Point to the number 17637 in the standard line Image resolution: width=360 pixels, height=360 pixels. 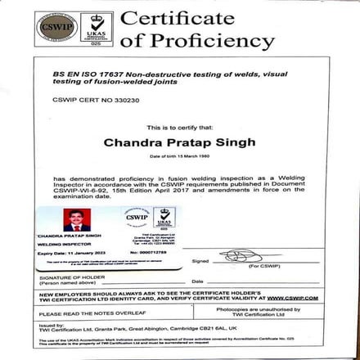point(113,72)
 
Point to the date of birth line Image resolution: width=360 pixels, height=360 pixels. point(178,156)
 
